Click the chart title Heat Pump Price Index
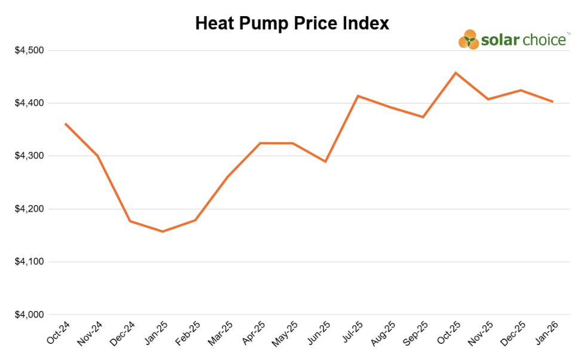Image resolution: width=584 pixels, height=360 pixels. point(292,23)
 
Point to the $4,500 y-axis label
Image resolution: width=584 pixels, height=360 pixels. point(29,50)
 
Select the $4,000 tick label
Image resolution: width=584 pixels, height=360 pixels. point(29,315)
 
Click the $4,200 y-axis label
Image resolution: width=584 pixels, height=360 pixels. point(29,209)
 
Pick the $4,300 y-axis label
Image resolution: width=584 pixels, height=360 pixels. point(29,156)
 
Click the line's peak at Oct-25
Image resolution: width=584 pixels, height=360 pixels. point(455,73)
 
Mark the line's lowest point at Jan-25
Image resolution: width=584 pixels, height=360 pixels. point(163,231)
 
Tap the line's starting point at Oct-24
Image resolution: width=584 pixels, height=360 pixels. point(65,124)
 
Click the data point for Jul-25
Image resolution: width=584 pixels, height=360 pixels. point(358,96)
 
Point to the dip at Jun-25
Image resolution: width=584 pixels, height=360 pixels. point(325,161)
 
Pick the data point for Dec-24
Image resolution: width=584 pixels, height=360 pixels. point(130,221)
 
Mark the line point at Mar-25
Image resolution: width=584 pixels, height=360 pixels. point(228,176)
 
